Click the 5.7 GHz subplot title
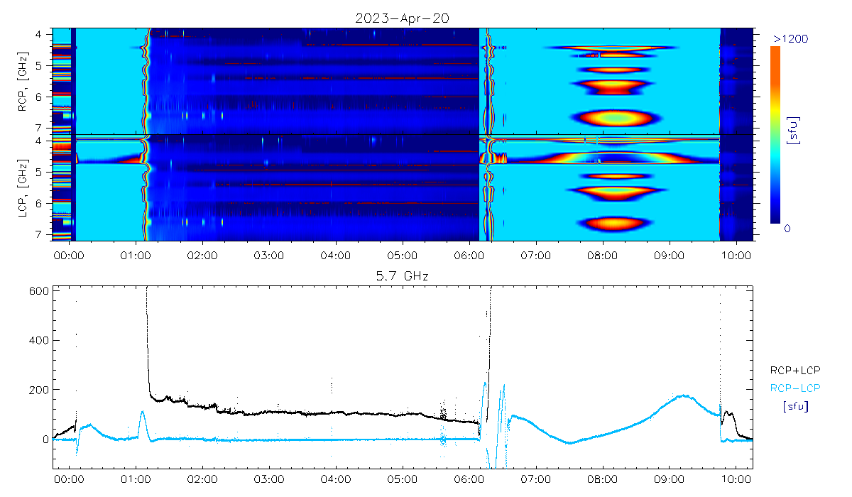coord(402,275)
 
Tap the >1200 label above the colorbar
coord(788,38)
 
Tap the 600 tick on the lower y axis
coord(40,290)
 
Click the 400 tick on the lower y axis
coord(40,340)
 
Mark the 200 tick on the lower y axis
coord(40,390)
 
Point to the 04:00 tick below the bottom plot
coord(335,479)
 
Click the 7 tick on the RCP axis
coord(46,128)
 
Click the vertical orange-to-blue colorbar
coord(775,135)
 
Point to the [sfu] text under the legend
coord(795,407)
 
